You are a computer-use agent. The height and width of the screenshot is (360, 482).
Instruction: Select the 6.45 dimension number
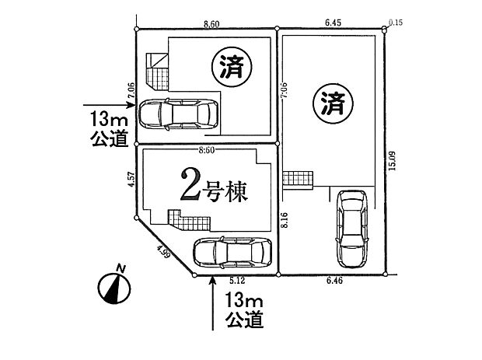click(331, 24)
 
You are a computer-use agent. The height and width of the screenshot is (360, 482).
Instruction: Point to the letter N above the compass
click(120, 268)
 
